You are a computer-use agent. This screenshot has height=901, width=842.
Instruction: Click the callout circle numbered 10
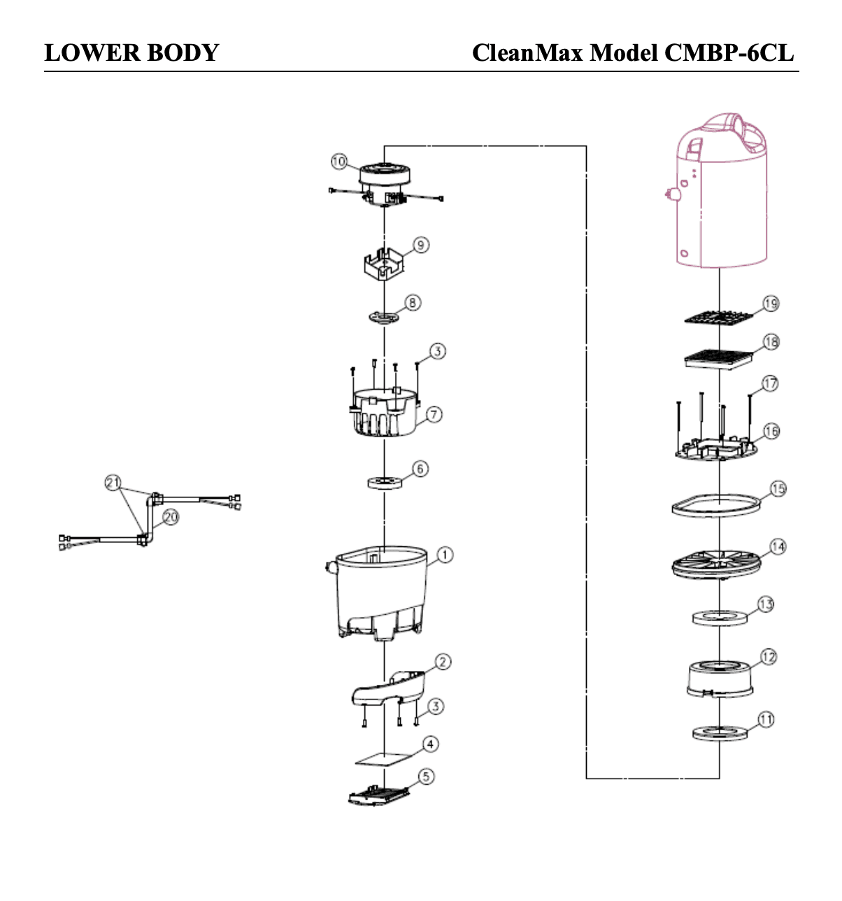tap(338, 162)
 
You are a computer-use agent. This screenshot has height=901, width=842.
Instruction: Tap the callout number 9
tap(420, 245)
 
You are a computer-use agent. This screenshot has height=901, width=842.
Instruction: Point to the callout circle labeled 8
tap(413, 303)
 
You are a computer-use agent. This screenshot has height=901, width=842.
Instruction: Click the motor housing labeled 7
tap(385, 412)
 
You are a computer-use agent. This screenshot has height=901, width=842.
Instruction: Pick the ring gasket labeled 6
tap(385, 482)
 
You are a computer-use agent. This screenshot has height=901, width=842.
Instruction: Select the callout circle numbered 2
tap(443, 662)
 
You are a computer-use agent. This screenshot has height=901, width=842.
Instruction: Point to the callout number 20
tap(171, 517)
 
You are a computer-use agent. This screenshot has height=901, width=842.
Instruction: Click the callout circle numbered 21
tap(113, 482)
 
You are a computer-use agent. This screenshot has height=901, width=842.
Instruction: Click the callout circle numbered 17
tap(769, 384)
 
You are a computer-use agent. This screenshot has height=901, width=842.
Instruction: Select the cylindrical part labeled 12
tap(720, 679)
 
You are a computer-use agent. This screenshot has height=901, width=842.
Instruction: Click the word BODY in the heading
tap(183, 52)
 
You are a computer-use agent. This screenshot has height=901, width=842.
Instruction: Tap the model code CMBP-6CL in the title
tap(729, 52)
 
